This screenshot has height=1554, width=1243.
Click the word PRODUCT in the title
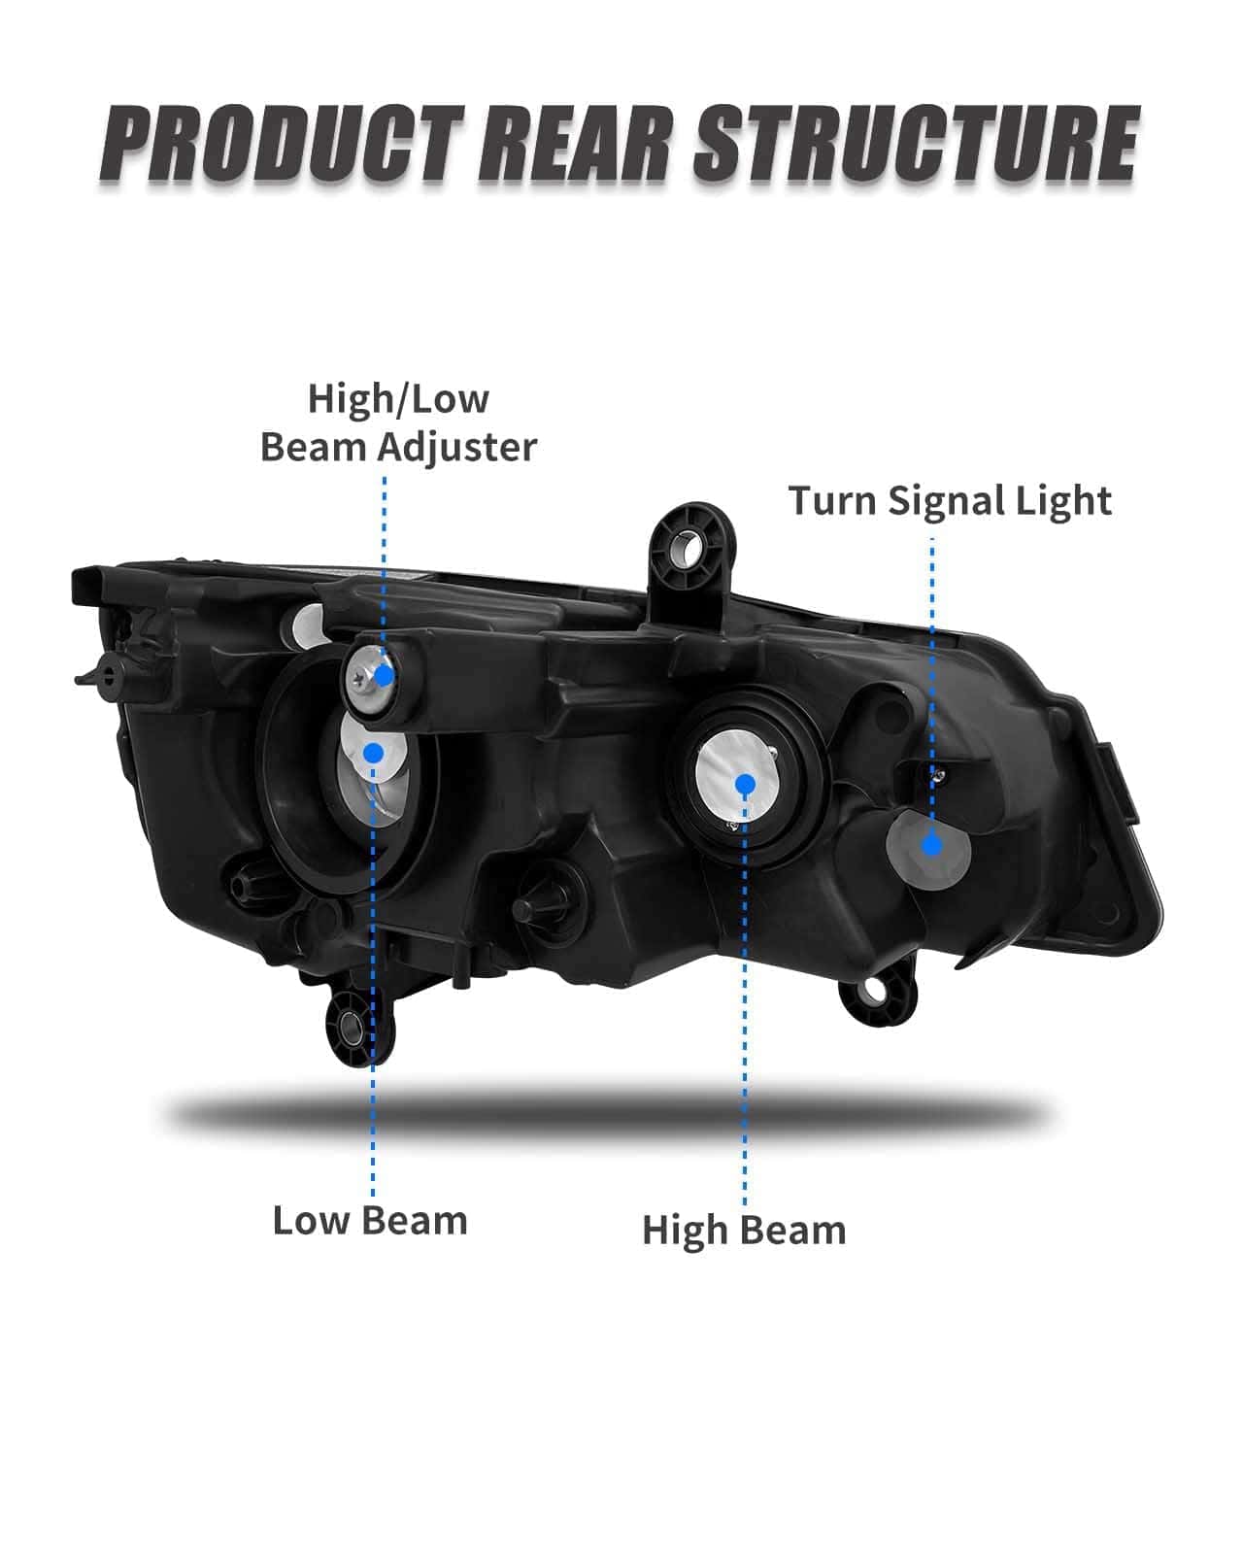point(284,144)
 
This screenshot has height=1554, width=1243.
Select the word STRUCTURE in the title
point(916,144)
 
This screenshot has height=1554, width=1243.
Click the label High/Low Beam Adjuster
point(399,422)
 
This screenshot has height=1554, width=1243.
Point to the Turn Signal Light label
point(950,502)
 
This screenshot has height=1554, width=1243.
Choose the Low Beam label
point(370,1221)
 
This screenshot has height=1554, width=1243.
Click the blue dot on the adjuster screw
point(385,676)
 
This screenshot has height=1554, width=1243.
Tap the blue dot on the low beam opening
point(374,753)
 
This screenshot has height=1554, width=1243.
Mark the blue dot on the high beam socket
point(746,784)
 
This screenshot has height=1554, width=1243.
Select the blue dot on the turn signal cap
point(932,845)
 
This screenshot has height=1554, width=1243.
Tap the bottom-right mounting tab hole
point(875,991)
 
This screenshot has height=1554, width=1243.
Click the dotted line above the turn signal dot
point(931,686)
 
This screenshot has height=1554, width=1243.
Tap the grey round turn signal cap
point(929,849)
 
